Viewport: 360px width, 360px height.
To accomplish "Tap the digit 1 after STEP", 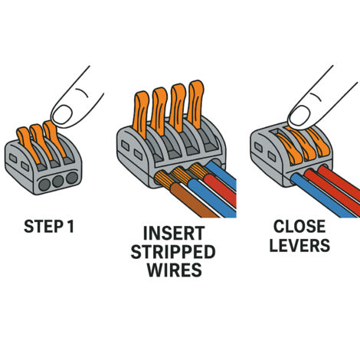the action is [x=70, y=226].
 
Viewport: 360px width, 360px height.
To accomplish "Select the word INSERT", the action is [x=174, y=233].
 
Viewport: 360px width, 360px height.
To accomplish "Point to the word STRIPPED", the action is [x=173, y=251].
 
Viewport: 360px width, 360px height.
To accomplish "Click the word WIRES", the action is [x=175, y=270].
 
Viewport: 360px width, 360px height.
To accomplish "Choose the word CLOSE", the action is [x=299, y=226].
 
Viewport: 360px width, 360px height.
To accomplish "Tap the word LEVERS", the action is [x=299, y=245].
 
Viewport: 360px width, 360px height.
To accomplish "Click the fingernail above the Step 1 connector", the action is [x=62, y=114].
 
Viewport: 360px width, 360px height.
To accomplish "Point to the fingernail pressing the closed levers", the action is [x=299, y=116].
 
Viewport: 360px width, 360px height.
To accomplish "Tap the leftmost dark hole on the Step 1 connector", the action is [x=44, y=185].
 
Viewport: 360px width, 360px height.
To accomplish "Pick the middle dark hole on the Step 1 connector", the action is [x=58, y=181].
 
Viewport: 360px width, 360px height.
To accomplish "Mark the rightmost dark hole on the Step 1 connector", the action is [x=72, y=178].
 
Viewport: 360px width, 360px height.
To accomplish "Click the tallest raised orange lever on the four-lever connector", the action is [x=195, y=105].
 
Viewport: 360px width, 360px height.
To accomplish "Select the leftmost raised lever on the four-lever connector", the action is [x=140, y=115].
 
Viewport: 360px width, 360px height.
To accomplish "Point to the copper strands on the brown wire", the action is [x=164, y=180].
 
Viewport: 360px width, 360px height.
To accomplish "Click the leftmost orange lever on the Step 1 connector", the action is [x=28, y=145].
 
